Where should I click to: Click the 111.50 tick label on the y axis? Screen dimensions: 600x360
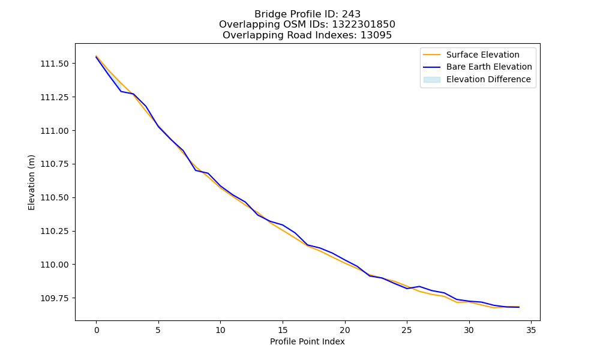pyautogui.click(x=55, y=64)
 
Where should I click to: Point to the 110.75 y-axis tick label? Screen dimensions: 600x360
pyautogui.click(x=55, y=164)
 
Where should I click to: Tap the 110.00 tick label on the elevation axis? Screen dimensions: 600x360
pyautogui.click(x=55, y=265)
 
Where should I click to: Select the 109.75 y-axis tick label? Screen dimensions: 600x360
pyautogui.click(x=55, y=298)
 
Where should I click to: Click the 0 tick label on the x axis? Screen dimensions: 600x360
pyautogui.click(x=97, y=330)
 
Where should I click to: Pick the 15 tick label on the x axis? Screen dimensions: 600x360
pyautogui.click(x=283, y=330)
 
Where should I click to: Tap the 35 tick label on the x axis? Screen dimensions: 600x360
pyautogui.click(x=531, y=330)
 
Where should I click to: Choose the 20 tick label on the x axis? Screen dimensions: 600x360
pyautogui.click(x=345, y=330)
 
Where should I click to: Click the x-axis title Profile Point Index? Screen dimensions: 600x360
pyautogui.click(x=307, y=341)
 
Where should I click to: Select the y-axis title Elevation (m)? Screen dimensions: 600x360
pyautogui.click(x=31, y=182)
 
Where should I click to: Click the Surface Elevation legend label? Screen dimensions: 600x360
pyautogui.click(x=482, y=55)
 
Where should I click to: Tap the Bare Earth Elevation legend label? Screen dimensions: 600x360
pyautogui.click(x=489, y=67)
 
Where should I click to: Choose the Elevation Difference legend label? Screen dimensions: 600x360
pyautogui.click(x=488, y=79)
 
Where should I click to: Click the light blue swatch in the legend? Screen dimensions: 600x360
pyautogui.click(x=431, y=80)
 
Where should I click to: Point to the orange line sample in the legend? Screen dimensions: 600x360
pyautogui.click(x=431, y=55)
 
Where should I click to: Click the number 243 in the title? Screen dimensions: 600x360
pyautogui.click(x=351, y=14)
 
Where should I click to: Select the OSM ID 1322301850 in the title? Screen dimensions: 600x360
pyautogui.click(x=364, y=25)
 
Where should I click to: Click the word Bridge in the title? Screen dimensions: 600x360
pyautogui.click(x=268, y=14)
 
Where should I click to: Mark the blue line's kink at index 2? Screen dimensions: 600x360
pyautogui.click(x=121, y=91)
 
